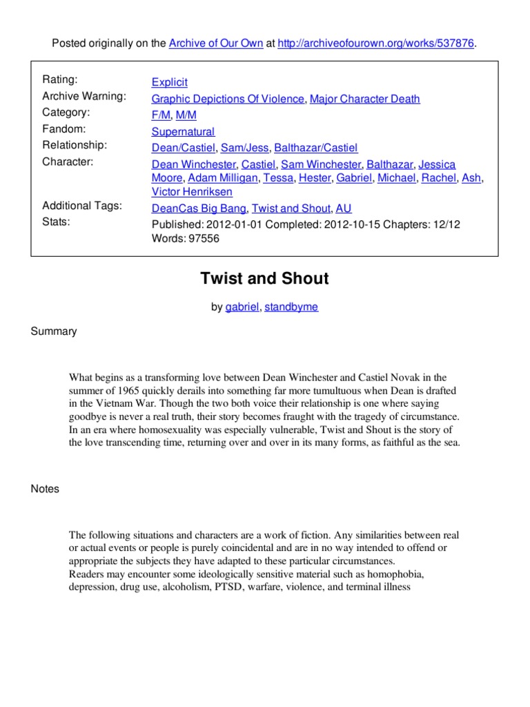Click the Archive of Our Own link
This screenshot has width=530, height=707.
click(215, 43)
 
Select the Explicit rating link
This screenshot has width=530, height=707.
click(169, 82)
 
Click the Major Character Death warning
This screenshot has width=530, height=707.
click(364, 99)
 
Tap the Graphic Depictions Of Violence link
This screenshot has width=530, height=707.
click(228, 99)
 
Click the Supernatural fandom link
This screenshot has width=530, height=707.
click(183, 132)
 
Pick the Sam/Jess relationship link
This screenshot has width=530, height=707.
click(245, 148)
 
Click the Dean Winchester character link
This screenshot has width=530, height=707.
click(194, 164)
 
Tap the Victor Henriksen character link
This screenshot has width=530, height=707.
click(192, 192)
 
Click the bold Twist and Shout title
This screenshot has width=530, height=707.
click(264, 279)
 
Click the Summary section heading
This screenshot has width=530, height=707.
click(54, 331)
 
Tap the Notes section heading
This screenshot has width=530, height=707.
click(46, 489)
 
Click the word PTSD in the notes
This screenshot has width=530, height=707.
click(252, 588)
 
